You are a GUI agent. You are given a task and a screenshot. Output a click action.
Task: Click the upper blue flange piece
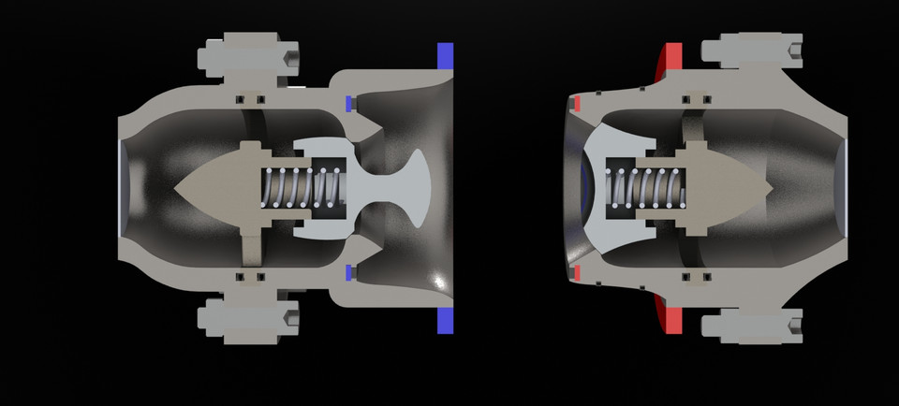click(445, 55)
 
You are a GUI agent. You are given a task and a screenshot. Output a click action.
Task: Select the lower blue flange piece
click(445, 319)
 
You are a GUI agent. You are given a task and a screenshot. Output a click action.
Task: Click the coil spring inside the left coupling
click(300, 187)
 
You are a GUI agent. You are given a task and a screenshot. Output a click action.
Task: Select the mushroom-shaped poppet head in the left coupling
click(412, 187)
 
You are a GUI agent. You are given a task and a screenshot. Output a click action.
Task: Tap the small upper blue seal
click(348, 102)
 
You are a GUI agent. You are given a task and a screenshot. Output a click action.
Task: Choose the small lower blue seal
click(348, 272)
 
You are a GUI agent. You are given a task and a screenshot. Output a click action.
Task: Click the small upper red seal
click(578, 100)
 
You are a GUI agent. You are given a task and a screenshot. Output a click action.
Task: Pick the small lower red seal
click(578, 273)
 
